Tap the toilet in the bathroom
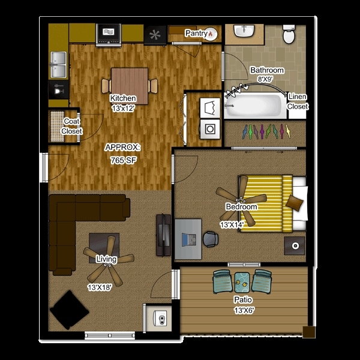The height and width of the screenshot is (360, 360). click(x=289, y=35)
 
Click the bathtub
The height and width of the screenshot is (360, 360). click(x=255, y=107)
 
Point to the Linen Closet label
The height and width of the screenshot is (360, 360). click(x=298, y=101)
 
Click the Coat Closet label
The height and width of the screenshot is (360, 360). click(x=71, y=126)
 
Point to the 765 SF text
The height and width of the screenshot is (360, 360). click(x=122, y=161)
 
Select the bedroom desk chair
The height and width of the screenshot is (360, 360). click(x=211, y=239)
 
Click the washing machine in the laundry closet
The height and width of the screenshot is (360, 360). click(x=211, y=128)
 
